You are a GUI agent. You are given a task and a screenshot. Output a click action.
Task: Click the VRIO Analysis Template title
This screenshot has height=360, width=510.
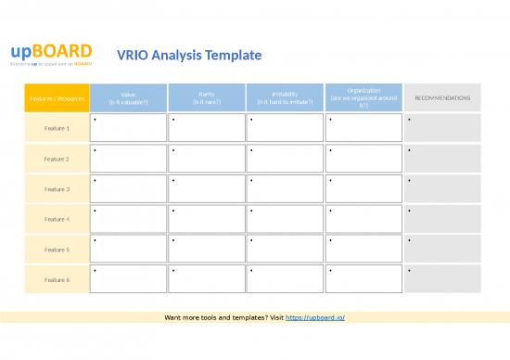(x=189, y=56)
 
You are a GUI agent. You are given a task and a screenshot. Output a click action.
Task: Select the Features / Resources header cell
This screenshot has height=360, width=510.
(x=57, y=97)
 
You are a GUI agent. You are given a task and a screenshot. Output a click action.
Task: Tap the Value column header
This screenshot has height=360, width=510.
(x=128, y=97)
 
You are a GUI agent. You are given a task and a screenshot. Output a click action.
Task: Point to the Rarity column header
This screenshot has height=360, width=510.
(x=206, y=97)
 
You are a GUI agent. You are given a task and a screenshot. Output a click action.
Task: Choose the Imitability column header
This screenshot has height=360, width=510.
(x=285, y=97)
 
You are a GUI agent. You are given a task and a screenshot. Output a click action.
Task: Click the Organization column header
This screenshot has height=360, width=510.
(x=363, y=97)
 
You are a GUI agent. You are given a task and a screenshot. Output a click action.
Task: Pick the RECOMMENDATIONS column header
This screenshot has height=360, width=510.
(x=442, y=97)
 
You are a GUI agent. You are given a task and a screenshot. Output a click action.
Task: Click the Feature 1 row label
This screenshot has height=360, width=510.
(x=57, y=128)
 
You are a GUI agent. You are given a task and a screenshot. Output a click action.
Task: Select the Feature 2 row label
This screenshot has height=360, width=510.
(x=57, y=159)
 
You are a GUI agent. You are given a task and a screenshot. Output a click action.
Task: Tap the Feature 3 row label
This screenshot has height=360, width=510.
(x=57, y=188)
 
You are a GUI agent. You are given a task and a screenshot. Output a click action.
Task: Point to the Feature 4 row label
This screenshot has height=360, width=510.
(x=57, y=219)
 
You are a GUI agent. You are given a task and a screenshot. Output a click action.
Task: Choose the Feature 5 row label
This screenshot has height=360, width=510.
(x=57, y=250)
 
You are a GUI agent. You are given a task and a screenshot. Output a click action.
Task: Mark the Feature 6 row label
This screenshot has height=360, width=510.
(x=57, y=279)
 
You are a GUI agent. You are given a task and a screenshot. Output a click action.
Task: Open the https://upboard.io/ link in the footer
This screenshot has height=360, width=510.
(x=315, y=318)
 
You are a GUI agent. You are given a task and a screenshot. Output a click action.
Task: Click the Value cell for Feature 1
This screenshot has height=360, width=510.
(x=128, y=128)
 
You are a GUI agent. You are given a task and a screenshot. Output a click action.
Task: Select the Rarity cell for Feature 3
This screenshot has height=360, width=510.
(x=206, y=188)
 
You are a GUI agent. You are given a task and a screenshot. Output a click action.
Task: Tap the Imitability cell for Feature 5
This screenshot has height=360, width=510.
(x=285, y=250)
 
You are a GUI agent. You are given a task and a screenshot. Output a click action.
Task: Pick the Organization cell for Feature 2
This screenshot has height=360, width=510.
(x=363, y=159)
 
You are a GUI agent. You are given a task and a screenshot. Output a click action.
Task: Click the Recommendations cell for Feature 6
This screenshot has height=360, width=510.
(x=442, y=279)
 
